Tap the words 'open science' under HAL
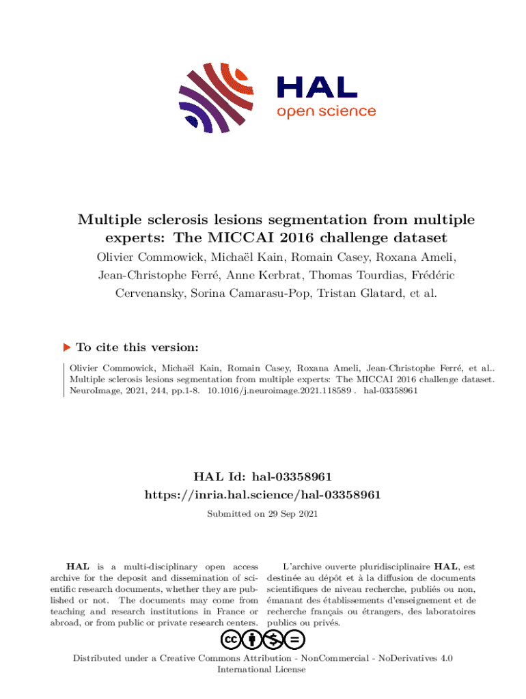(x=326, y=111)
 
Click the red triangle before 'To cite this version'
(x=67, y=347)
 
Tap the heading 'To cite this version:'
(x=137, y=347)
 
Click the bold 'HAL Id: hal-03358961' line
(x=263, y=476)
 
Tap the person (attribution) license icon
(x=252, y=640)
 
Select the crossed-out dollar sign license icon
(x=274, y=640)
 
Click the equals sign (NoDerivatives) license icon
(x=295, y=640)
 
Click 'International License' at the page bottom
(x=261, y=670)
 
